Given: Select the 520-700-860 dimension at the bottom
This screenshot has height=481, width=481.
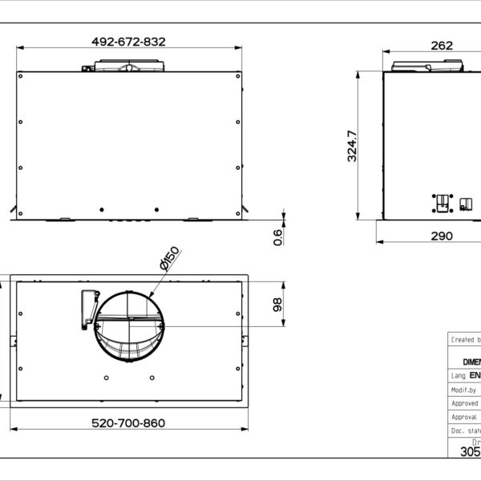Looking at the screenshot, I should [x=127, y=422].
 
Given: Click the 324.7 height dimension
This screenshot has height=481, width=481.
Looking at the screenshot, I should [x=352, y=146].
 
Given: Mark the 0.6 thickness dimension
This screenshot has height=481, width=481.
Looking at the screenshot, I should [x=278, y=236].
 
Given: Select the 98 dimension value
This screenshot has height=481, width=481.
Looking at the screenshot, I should [x=278, y=305].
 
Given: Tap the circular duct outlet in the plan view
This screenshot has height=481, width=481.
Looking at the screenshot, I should [x=128, y=326].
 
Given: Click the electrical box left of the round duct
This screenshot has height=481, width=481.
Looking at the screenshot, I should [x=87, y=309].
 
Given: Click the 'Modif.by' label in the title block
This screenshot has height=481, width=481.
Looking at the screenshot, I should [x=463, y=389].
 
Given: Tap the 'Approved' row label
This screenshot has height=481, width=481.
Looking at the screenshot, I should [x=464, y=403].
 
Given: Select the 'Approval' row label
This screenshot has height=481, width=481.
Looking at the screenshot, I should [x=464, y=417].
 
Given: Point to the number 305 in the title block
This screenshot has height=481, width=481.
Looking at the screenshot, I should [x=470, y=451].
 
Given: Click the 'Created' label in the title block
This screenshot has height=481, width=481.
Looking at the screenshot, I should [x=463, y=339].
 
